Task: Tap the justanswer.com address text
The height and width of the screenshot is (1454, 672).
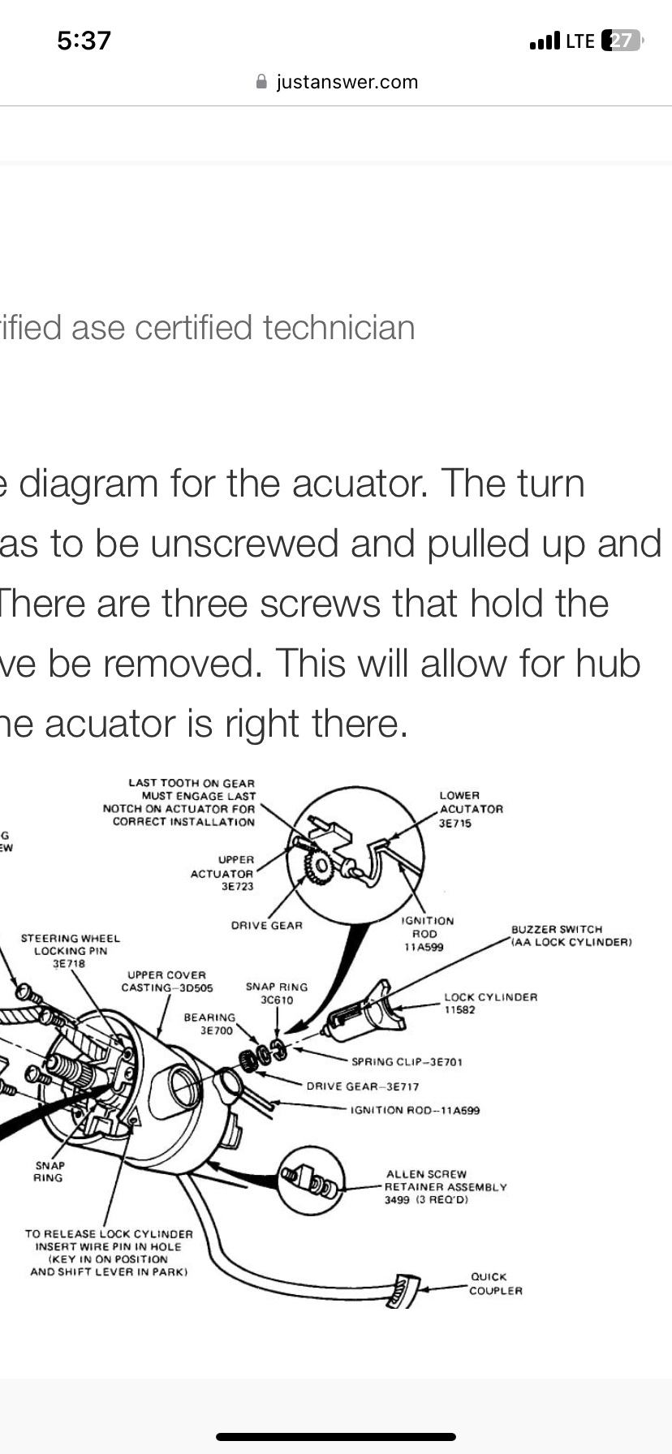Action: tap(347, 82)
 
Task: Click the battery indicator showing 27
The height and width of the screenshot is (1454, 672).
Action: tap(622, 41)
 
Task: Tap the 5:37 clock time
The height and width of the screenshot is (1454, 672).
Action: tap(84, 40)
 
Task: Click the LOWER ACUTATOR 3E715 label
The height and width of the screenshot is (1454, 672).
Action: tap(471, 809)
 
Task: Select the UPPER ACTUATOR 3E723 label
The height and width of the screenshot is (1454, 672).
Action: tap(222, 873)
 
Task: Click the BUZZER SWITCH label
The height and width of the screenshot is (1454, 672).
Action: tap(571, 936)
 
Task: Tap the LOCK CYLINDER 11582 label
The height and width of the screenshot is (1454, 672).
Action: tap(490, 1003)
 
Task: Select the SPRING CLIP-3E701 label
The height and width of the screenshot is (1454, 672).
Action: tap(407, 1061)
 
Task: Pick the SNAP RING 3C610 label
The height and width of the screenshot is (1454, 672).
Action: tap(277, 993)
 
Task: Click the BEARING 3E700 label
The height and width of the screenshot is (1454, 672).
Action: tap(209, 1024)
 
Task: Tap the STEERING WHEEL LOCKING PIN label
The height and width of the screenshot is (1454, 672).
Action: tap(70, 950)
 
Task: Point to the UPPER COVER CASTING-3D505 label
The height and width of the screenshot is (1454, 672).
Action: tap(167, 981)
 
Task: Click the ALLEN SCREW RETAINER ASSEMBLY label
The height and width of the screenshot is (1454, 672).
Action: tap(445, 1186)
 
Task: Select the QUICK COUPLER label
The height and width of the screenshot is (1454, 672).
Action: tap(495, 1284)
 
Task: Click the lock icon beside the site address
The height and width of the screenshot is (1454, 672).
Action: tap(261, 82)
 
